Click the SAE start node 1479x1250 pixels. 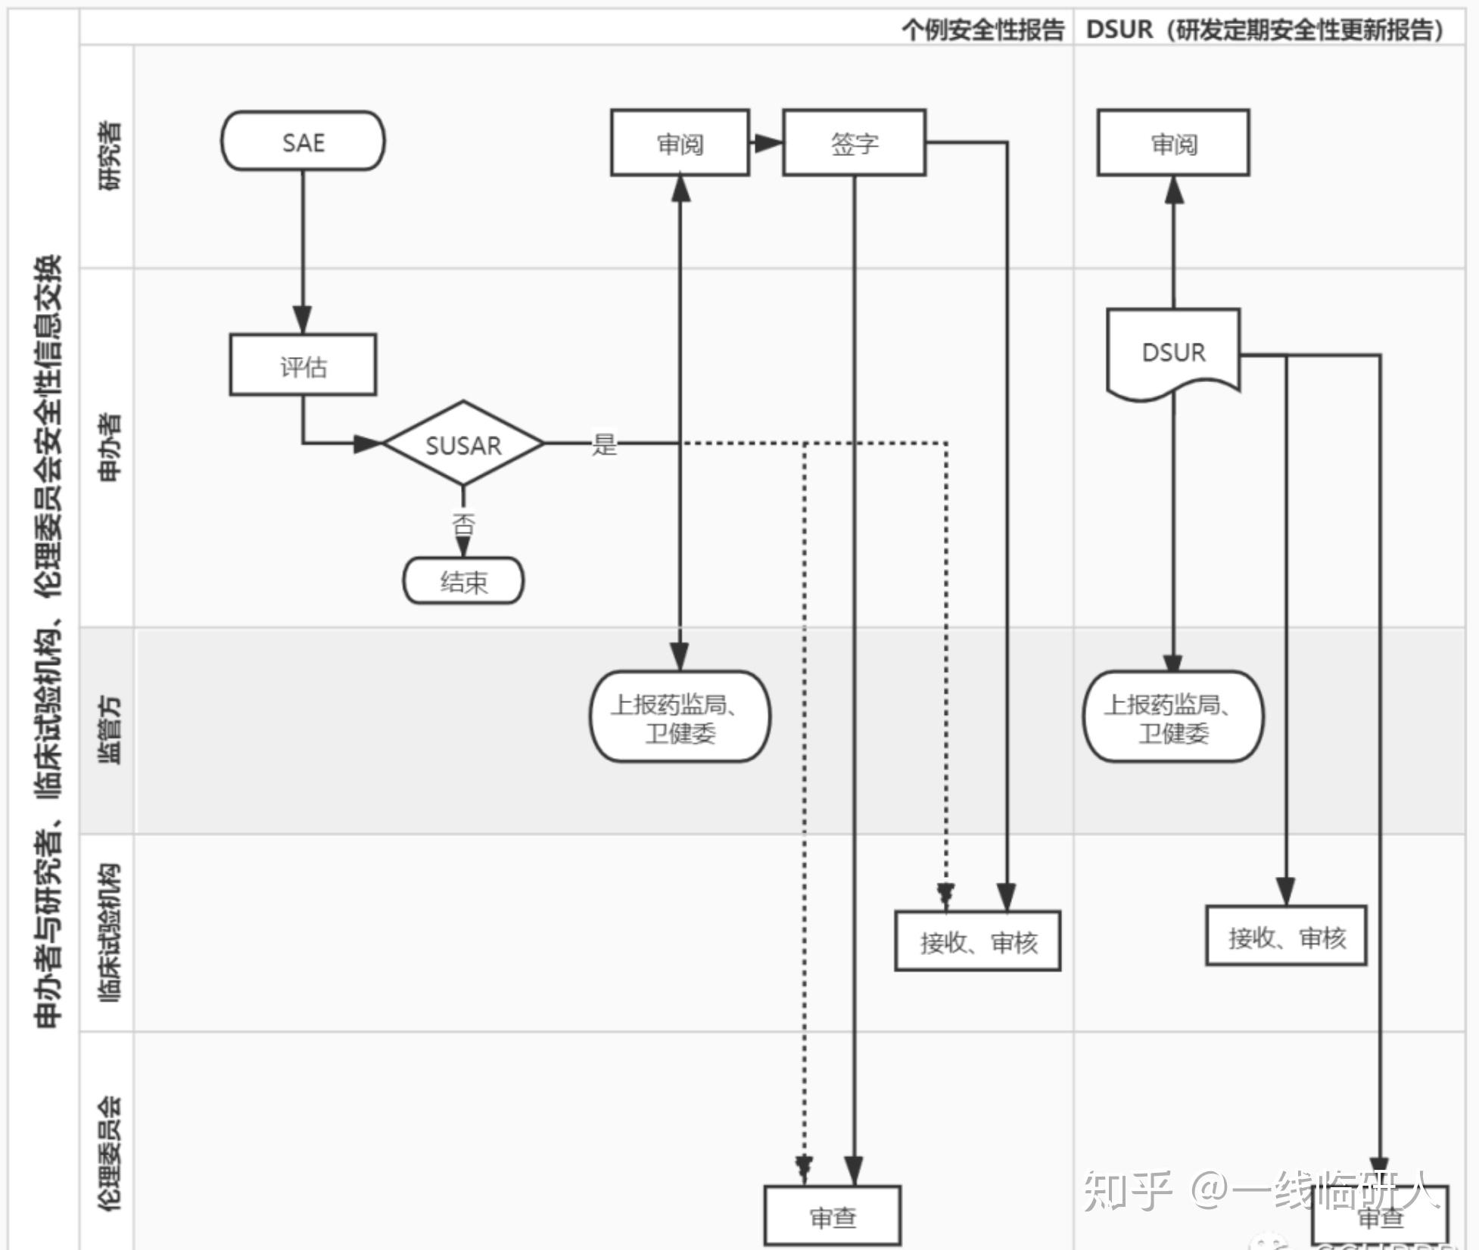(303, 141)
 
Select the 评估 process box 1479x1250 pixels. (303, 365)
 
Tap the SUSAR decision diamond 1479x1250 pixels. (463, 444)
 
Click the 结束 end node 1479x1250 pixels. (463, 581)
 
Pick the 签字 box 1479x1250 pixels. (854, 143)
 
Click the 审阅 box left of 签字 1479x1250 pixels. (680, 143)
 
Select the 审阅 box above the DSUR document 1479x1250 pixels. (1173, 143)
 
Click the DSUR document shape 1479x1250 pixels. (1173, 353)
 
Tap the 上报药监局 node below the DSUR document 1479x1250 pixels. (1173, 717)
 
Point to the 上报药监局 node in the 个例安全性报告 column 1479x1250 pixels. (680, 717)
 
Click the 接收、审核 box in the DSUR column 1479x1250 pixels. (1286, 937)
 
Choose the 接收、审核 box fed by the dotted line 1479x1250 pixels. (977, 941)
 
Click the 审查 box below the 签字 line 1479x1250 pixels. (833, 1216)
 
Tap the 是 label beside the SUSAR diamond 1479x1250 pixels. (604, 444)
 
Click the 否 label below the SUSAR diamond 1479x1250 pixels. (463, 524)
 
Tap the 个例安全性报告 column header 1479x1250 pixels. (982, 30)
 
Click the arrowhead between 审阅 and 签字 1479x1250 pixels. (768, 142)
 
